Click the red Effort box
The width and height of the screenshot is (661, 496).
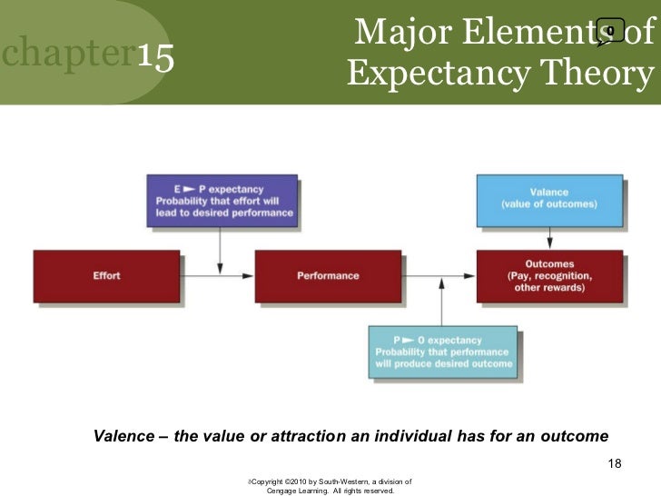tap(107, 275)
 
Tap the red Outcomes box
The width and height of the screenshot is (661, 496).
tap(550, 275)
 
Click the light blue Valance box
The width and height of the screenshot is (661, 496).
tap(549, 199)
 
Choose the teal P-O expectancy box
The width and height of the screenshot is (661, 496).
tap(443, 351)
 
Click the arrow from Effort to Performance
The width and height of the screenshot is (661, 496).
tap(218, 275)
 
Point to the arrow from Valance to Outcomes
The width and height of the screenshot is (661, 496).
tap(549, 238)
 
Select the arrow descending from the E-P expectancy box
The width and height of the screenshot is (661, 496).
tap(222, 247)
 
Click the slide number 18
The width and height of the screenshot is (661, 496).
tap(614, 465)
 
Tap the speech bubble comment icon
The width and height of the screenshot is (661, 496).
tap(609, 33)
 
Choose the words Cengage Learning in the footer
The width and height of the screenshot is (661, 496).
tap(299, 491)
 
